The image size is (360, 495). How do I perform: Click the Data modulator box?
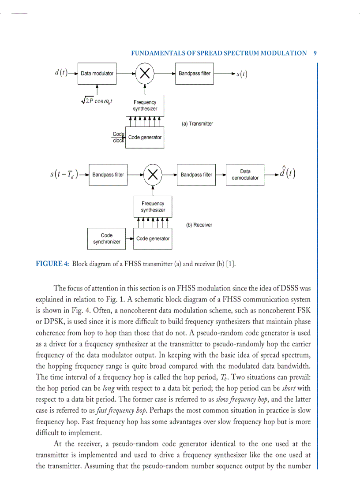97,74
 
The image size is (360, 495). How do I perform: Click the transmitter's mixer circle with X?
143,74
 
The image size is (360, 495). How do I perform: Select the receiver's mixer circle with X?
153,175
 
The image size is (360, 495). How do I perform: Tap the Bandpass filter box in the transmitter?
195,74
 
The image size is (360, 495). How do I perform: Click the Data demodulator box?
245,175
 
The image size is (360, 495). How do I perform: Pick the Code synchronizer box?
106,238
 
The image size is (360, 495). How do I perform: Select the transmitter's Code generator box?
145,138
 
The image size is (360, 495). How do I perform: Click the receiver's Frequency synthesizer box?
153,207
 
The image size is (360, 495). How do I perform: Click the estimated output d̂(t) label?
287,172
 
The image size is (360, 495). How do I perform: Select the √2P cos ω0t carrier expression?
97,101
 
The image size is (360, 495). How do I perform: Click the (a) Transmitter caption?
197,124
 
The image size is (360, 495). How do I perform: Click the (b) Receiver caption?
199,225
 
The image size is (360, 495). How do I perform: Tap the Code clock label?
118,137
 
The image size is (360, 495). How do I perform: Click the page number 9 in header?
315,53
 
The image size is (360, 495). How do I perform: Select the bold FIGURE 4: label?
52,264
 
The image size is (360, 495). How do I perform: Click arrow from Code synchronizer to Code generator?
129,238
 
